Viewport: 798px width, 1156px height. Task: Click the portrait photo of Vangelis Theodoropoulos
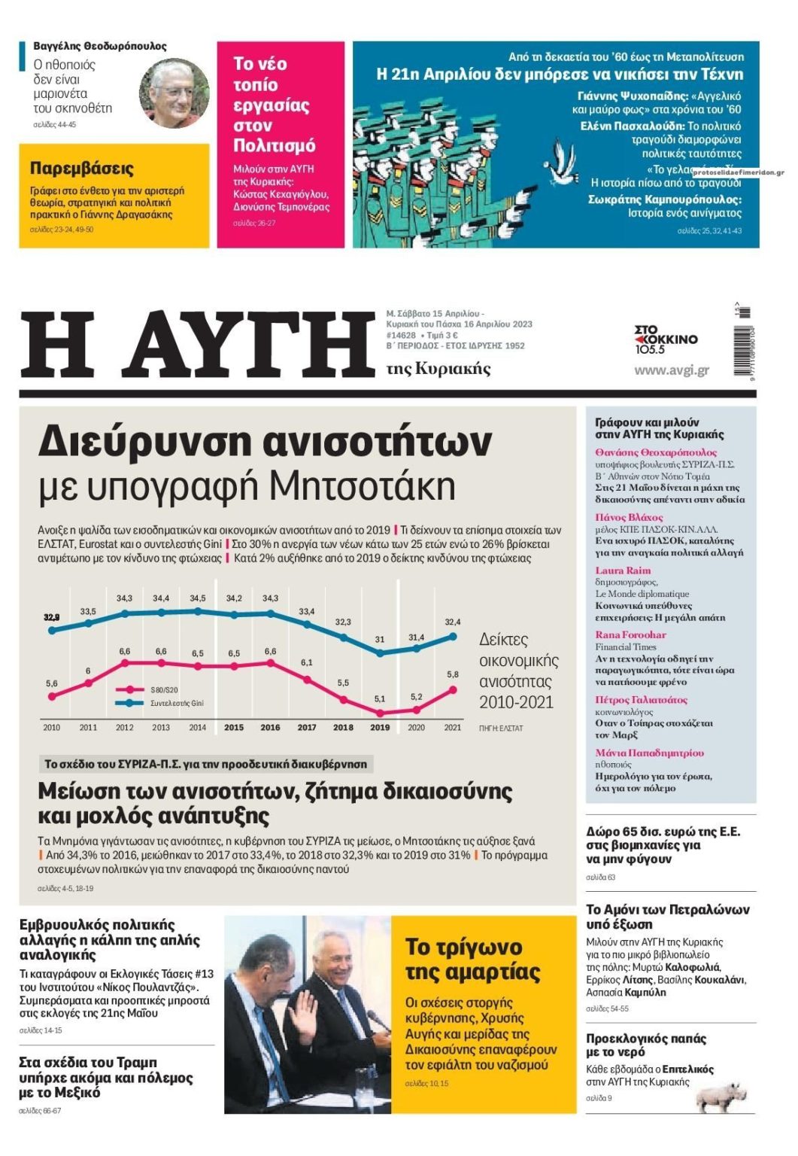[174, 93]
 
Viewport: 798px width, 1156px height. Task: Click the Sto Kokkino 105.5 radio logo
[666, 340]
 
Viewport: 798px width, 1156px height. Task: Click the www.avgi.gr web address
[671, 370]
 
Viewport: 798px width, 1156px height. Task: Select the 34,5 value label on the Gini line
[197, 598]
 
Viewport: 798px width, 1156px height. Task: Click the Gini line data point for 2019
[380, 653]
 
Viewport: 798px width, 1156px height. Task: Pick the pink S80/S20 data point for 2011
[88, 683]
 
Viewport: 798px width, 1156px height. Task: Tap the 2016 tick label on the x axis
[270, 728]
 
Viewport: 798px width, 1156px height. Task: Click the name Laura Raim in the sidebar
[623, 570]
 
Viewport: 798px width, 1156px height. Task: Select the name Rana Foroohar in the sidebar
[630, 634]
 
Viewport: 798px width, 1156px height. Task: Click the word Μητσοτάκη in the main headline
[361, 486]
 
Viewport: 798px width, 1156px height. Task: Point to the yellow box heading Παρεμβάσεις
[82, 168]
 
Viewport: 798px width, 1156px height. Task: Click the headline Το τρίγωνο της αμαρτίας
[472, 959]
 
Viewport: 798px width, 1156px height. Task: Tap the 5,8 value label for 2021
[452, 674]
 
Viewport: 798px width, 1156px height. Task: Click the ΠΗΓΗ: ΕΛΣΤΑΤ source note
[500, 728]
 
